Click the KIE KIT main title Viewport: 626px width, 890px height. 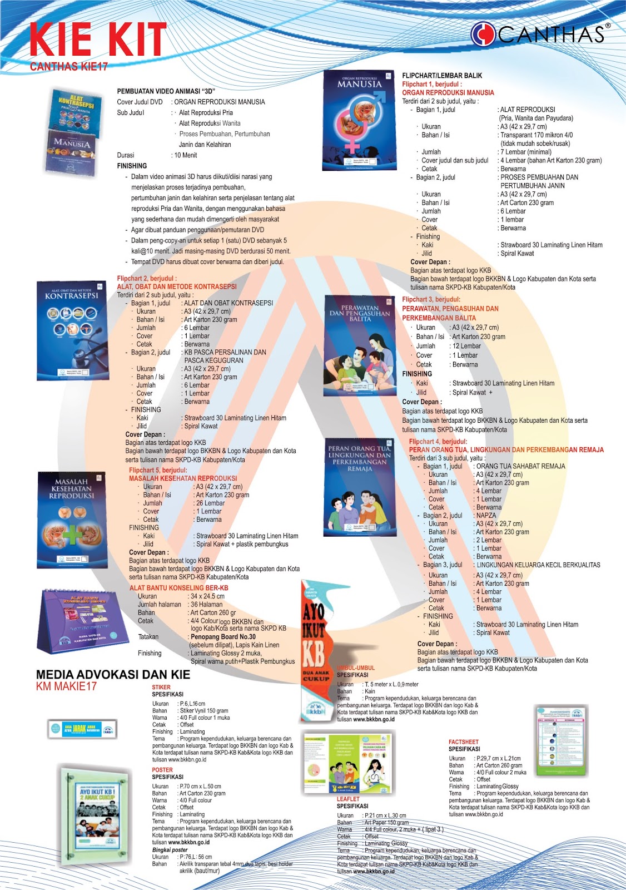(x=98, y=40)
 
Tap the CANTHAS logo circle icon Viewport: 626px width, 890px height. (x=483, y=34)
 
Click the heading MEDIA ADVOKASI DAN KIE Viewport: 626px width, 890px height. (x=113, y=674)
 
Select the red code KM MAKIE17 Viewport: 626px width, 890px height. (x=66, y=686)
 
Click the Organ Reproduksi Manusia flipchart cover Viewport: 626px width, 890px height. (x=360, y=120)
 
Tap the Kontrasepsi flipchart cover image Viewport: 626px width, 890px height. (x=72, y=331)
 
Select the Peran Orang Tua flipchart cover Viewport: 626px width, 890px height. (x=359, y=488)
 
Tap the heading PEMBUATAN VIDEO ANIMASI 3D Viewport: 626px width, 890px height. (x=166, y=91)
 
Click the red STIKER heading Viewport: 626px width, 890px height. (x=161, y=687)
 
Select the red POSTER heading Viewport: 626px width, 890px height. (x=162, y=770)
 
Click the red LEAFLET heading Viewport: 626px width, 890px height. (x=348, y=799)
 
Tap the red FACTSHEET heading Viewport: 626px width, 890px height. (x=463, y=741)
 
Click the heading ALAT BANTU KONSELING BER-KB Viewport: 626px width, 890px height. (x=178, y=587)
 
